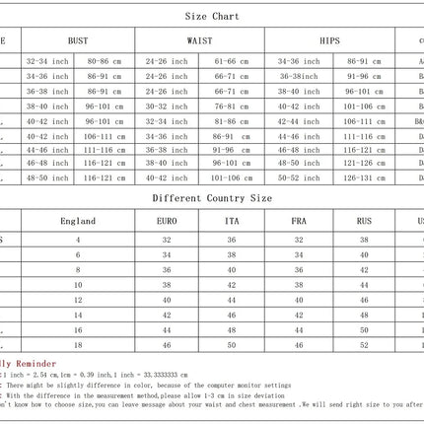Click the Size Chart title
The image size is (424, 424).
(x=212, y=17)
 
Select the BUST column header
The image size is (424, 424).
(x=78, y=40)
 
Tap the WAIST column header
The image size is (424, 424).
(x=199, y=40)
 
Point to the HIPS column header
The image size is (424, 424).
(x=329, y=40)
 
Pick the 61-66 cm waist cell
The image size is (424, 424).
(x=232, y=60)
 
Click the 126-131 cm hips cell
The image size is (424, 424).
(x=364, y=178)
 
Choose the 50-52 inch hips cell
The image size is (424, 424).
(x=298, y=178)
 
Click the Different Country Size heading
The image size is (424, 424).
(x=212, y=197)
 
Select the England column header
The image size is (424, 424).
(x=78, y=222)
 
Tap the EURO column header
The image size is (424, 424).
(x=168, y=222)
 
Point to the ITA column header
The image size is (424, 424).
(x=232, y=222)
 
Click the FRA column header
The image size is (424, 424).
(x=298, y=222)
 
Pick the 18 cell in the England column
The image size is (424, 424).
(x=78, y=346)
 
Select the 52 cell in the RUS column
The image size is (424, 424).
(x=364, y=346)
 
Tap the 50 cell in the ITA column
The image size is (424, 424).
(x=232, y=346)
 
